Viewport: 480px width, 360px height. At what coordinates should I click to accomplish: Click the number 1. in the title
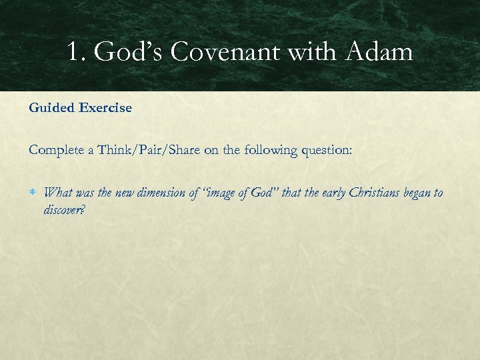pyautogui.click(x=76, y=52)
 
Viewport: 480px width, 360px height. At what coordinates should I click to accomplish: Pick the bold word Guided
pyautogui.click(x=52, y=108)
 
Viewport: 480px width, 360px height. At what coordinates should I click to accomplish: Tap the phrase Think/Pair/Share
pyautogui.click(x=148, y=150)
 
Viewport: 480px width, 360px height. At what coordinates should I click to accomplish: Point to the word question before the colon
pyautogui.click(x=325, y=150)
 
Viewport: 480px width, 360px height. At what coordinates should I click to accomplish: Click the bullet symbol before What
pyautogui.click(x=34, y=193)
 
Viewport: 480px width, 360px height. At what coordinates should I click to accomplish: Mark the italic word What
pyautogui.click(x=57, y=193)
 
